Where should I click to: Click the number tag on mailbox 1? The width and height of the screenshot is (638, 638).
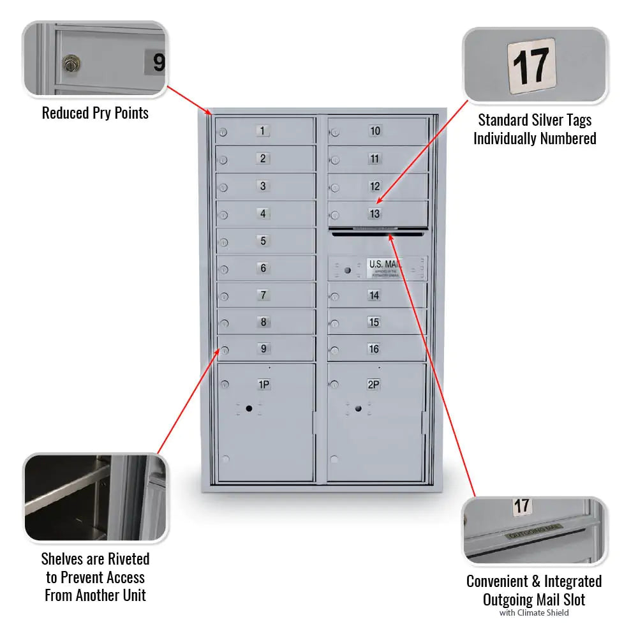[263, 131]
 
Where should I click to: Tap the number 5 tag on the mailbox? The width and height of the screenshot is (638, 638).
[263, 241]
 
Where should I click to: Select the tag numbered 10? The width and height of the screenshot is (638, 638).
[375, 131]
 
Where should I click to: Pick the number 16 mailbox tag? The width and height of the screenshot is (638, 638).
[375, 349]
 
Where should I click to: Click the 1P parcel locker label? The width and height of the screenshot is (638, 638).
[263, 385]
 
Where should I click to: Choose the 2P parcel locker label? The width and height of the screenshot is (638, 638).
[374, 385]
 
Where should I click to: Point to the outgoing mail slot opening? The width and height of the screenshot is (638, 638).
[377, 234]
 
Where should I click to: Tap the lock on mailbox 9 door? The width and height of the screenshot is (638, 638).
[224, 350]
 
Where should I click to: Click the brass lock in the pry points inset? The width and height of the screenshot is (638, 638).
[70, 63]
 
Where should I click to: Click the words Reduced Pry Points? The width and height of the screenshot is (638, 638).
[95, 114]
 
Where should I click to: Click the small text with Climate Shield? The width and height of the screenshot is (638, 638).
[534, 613]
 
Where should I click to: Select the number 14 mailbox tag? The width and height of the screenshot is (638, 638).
[375, 295]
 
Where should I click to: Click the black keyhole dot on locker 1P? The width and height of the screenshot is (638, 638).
[249, 408]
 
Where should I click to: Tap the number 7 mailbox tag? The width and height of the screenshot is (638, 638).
[263, 295]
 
